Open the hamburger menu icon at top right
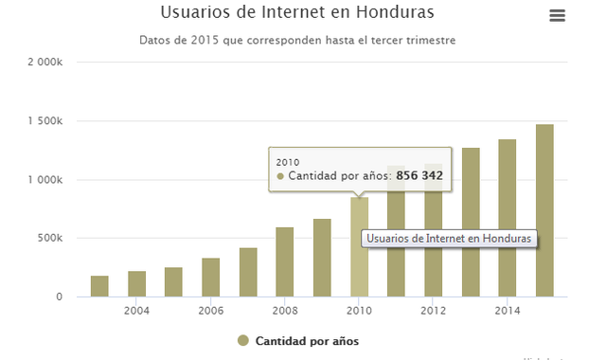click(x=557, y=15)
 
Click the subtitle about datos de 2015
click(x=297, y=41)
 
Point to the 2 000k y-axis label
click(x=45, y=63)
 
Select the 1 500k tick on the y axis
click(x=45, y=121)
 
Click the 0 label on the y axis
click(x=59, y=297)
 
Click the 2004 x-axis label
click(x=136, y=311)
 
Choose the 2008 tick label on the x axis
click(x=284, y=311)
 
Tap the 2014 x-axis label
click(x=507, y=311)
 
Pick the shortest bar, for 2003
click(x=99, y=286)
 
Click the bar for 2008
click(x=284, y=262)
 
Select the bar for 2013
click(x=471, y=223)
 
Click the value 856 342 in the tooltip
click(x=419, y=176)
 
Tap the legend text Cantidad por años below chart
click(x=307, y=341)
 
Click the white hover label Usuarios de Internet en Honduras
click(x=449, y=239)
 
